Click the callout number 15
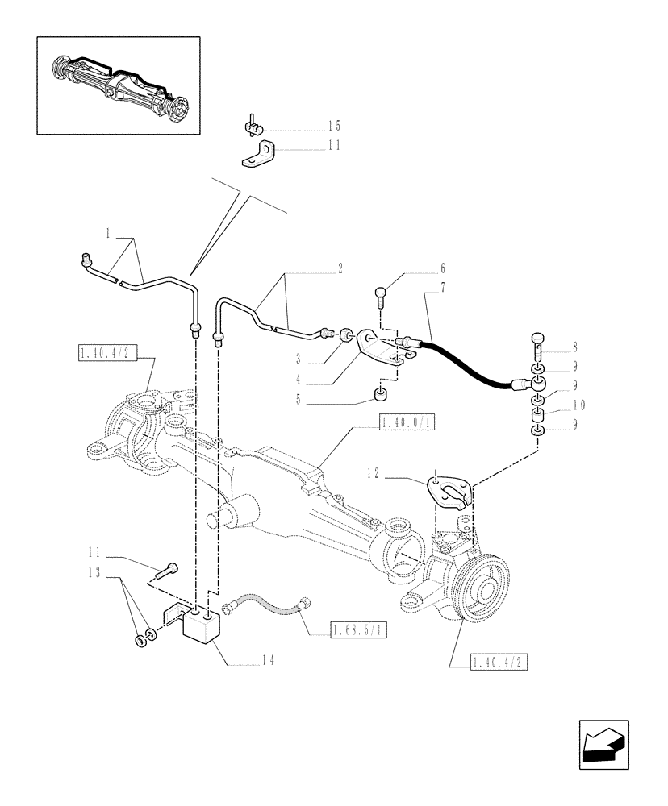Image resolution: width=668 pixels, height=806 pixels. (334, 126)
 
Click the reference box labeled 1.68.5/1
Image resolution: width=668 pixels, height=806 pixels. (359, 631)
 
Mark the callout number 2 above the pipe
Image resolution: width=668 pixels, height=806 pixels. (340, 267)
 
